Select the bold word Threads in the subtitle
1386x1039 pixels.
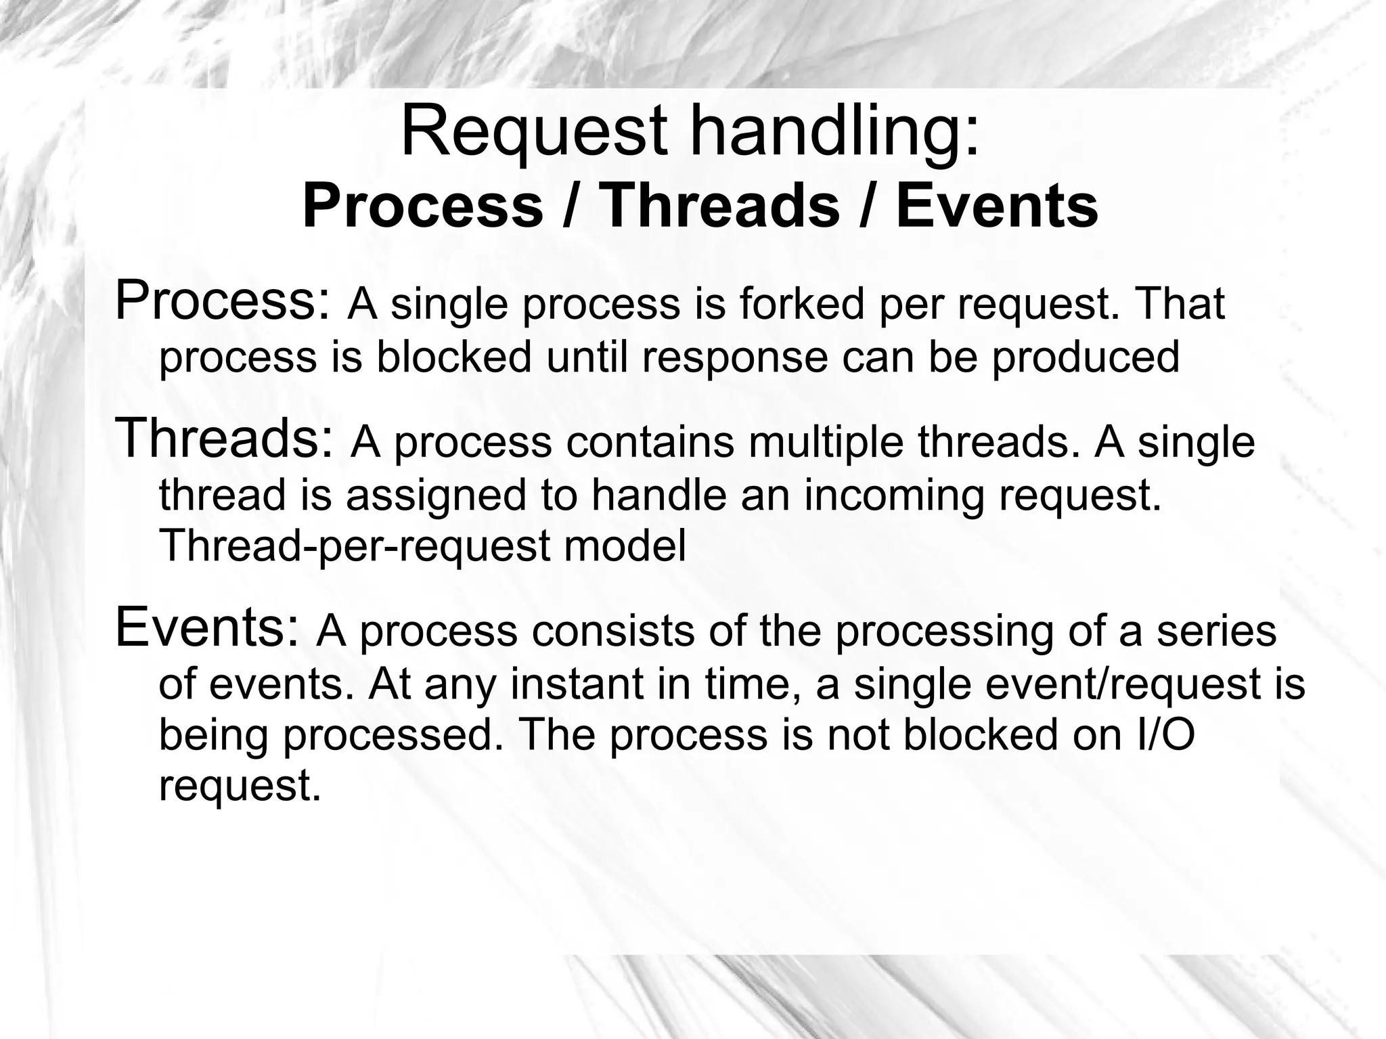tap(720, 206)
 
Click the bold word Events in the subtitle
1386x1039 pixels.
tap(997, 206)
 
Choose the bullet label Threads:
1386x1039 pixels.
tap(225, 438)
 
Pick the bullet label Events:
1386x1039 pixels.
tap(206, 627)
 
